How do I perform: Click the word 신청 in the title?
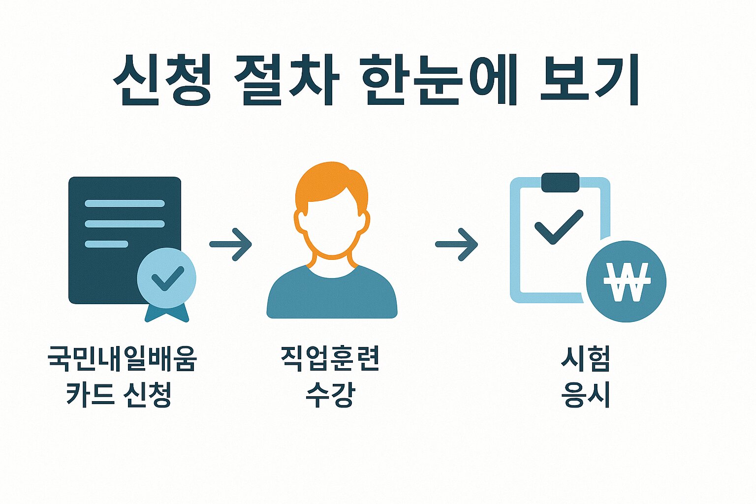pos(163,80)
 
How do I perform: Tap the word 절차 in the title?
pos(287,80)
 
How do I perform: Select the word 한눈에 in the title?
pos(440,80)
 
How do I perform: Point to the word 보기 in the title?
pos(589,80)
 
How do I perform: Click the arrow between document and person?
pos(231,244)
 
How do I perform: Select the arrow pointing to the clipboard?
pos(457,244)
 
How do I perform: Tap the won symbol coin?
pos(626,282)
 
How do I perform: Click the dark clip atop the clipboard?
pos(560,182)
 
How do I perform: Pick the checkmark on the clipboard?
pos(559,227)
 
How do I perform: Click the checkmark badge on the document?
pos(166,278)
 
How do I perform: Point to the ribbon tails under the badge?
pos(167,314)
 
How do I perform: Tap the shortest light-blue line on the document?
pos(106,244)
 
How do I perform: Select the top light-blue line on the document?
pos(125,203)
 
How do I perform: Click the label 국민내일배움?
pos(122,358)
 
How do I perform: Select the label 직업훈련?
pos(330,358)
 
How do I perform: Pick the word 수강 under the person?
pos(330,395)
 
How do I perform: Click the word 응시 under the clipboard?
pos(586,395)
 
